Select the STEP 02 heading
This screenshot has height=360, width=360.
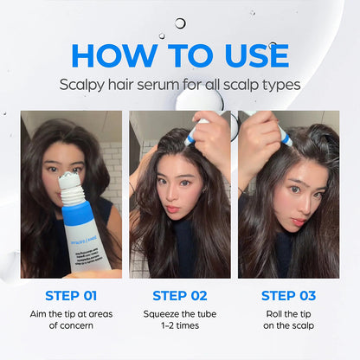(180, 295)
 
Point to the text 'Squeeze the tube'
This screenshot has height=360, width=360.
(180, 313)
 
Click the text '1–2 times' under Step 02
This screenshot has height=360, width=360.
(180, 326)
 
